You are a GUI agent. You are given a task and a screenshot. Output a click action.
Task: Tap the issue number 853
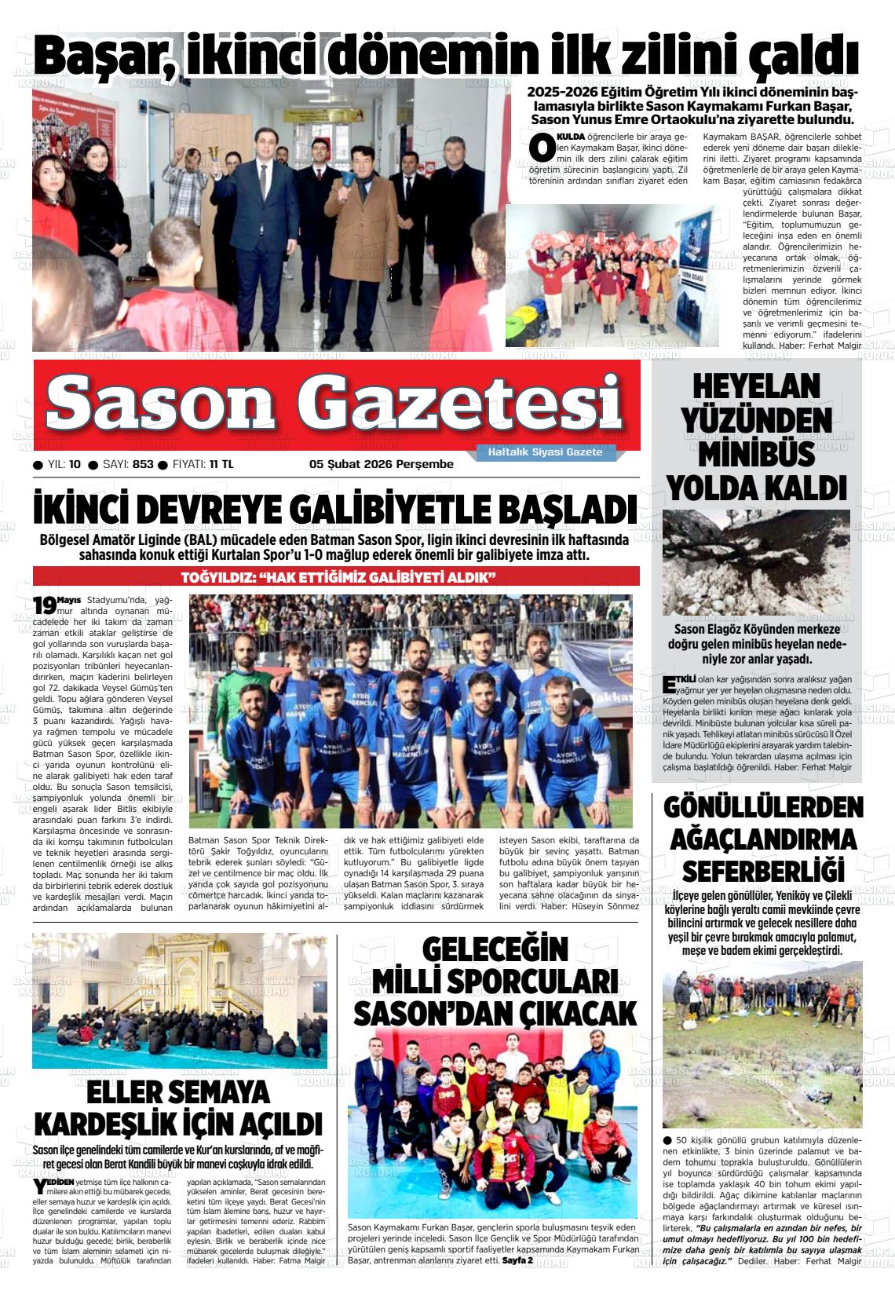[143, 464]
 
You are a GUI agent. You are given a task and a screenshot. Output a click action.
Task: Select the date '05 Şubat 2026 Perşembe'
[382, 464]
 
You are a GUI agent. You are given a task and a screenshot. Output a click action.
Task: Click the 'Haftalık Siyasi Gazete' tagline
[545, 452]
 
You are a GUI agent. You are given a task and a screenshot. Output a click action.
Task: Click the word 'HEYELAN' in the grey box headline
[756, 387]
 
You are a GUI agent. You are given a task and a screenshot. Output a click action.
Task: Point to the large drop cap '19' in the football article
[44, 605]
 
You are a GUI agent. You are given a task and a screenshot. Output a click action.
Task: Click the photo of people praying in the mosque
[180, 1001]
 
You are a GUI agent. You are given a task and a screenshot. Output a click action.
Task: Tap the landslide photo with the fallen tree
[755, 561]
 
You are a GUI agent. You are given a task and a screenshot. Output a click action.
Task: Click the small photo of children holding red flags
[611, 275]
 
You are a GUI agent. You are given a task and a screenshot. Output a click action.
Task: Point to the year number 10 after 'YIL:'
[75, 464]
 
